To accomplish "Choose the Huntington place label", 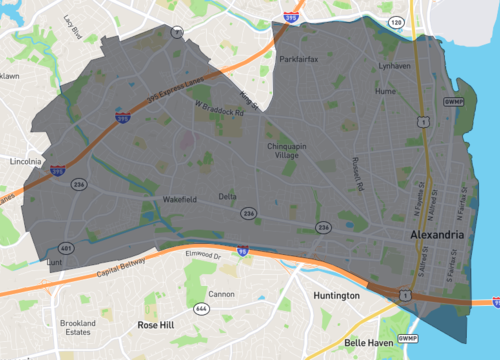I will click(336, 296).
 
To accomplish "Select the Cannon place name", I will click(222, 294).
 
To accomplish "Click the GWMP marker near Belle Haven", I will click(407, 339).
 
